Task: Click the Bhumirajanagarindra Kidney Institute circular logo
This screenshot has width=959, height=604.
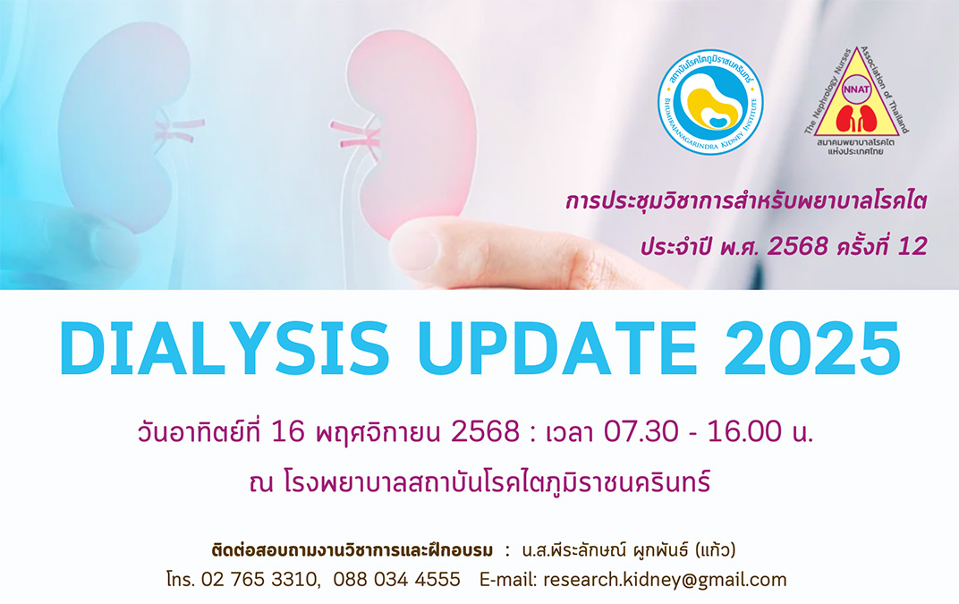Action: (710, 102)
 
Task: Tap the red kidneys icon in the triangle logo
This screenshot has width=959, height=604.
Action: (856, 119)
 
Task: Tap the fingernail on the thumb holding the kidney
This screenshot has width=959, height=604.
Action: (417, 249)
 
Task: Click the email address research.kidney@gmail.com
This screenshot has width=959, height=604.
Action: (665, 580)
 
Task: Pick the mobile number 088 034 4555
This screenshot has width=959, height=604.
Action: (396, 580)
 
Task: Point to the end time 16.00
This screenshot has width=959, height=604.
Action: (744, 432)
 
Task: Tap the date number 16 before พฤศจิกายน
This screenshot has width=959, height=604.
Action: (287, 432)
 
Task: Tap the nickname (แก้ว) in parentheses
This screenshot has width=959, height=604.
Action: (715, 550)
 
